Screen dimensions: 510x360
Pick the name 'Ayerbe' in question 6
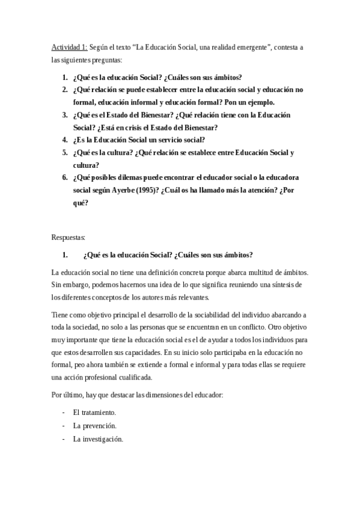click(x=118, y=190)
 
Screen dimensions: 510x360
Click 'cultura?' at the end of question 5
click(x=87, y=165)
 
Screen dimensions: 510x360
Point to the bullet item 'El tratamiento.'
click(x=95, y=413)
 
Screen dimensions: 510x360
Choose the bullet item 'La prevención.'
click(x=95, y=426)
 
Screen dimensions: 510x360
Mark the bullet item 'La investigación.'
click(x=98, y=439)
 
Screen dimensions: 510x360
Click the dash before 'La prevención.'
click(x=64, y=426)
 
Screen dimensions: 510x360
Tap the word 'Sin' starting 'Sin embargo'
click(x=58, y=284)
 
